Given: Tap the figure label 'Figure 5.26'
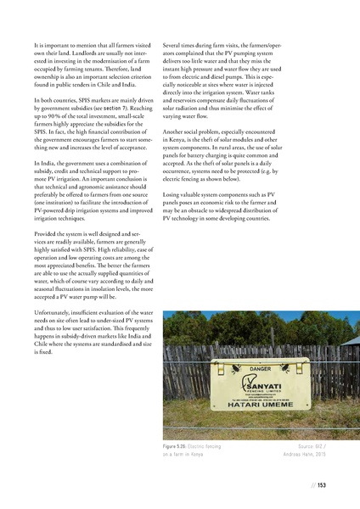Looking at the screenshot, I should click(187, 445).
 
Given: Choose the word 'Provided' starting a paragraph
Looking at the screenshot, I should click(46, 232).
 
